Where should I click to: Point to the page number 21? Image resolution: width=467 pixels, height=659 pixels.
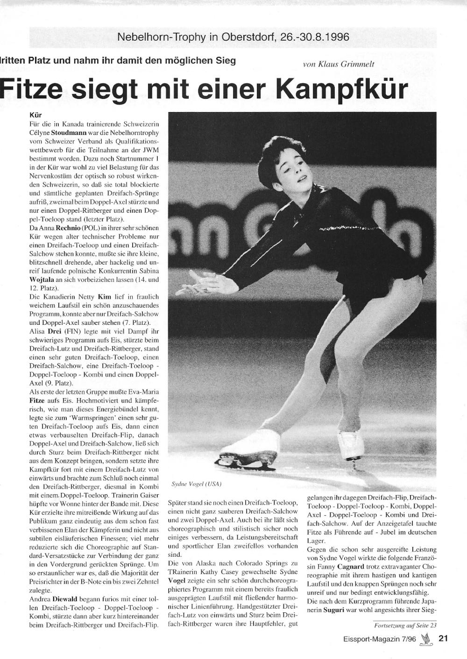point(443,639)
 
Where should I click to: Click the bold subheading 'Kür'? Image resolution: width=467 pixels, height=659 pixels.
point(35,114)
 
